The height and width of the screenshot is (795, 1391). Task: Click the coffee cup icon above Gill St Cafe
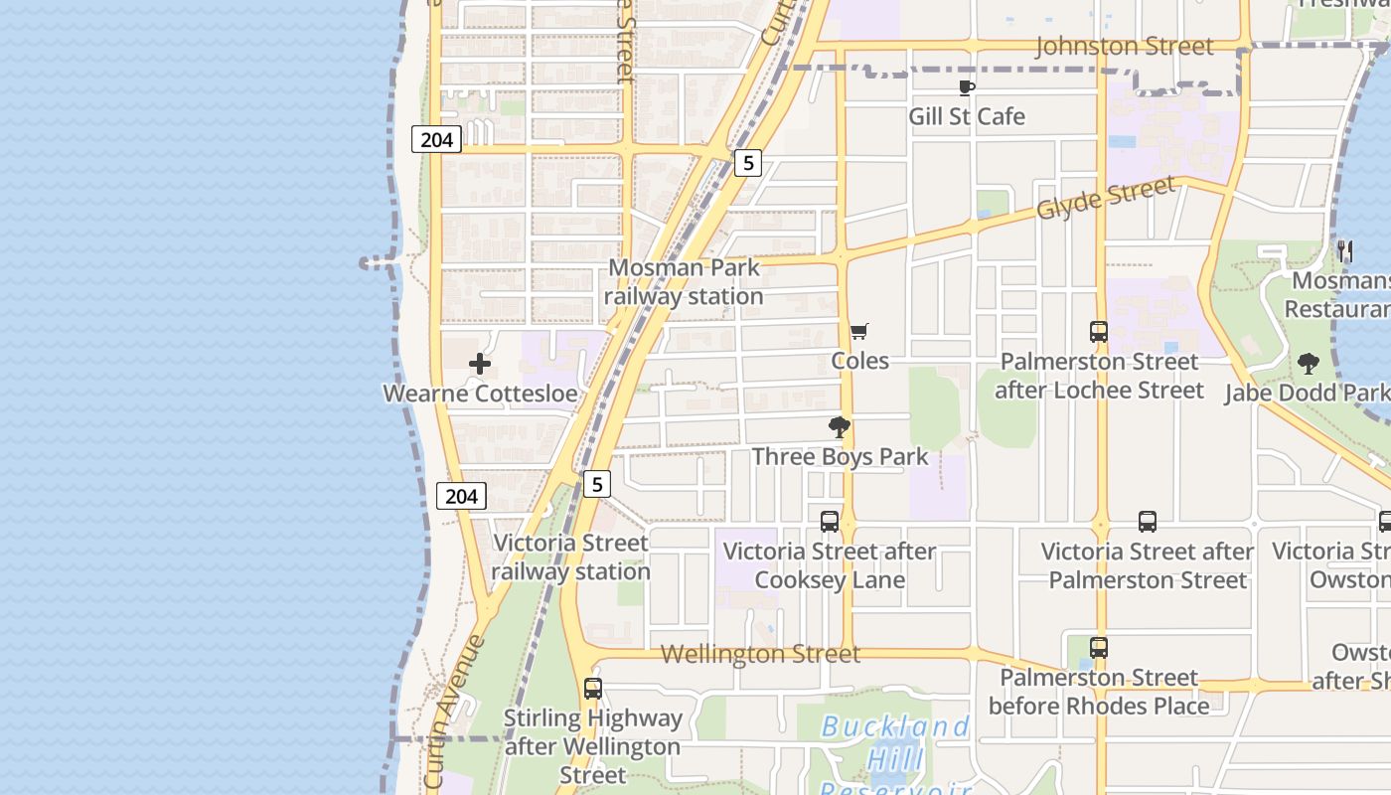point(967,88)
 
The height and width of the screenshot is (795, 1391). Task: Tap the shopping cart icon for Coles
point(859,331)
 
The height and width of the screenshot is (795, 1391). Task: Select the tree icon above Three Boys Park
point(840,428)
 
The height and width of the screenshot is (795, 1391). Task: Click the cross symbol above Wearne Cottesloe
point(480,364)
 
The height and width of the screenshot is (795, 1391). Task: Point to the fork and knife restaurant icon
point(1345,251)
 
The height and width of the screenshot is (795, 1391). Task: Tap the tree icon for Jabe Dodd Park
point(1309,364)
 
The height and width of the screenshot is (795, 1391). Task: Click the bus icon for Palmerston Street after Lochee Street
point(1099,332)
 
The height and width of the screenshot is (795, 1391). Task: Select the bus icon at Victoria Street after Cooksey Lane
point(830,521)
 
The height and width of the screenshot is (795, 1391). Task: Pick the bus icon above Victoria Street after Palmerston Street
point(1148,521)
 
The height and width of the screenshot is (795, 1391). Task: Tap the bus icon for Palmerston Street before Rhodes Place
point(1099,648)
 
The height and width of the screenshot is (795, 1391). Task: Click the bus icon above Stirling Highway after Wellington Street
point(593,688)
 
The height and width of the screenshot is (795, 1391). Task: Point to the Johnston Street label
point(1124,47)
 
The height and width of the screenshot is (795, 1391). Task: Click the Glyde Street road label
point(1106,199)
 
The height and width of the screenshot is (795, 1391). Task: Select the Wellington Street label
point(760,654)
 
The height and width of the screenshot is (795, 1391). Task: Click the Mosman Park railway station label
point(685,281)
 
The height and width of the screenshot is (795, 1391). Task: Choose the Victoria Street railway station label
point(570,556)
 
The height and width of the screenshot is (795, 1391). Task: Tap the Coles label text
point(859,361)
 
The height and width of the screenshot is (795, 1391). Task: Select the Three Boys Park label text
point(840,457)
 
